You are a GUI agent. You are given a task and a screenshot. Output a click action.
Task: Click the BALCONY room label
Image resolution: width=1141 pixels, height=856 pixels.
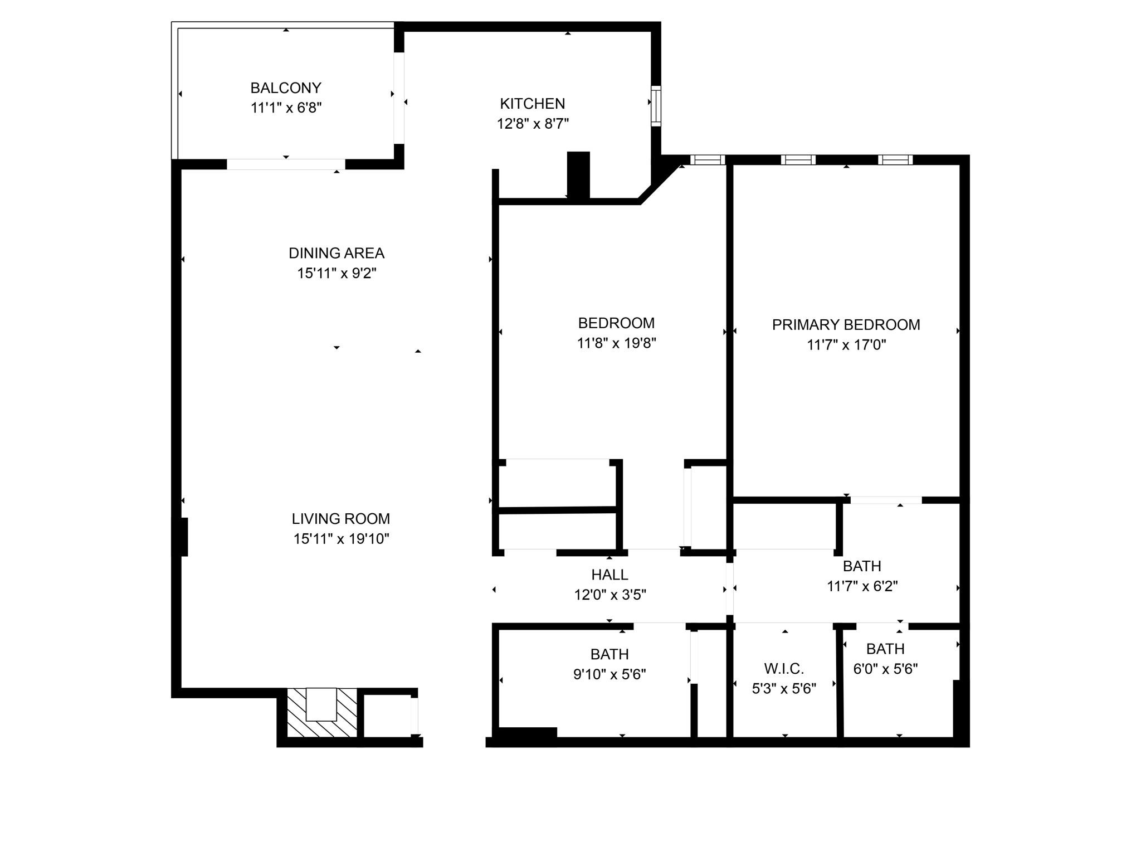coord(286,88)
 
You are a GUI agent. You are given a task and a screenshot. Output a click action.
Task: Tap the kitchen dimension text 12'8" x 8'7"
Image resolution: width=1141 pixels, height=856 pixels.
coord(533,124)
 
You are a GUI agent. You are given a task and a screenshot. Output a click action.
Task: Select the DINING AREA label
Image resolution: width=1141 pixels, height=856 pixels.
coord(337,253)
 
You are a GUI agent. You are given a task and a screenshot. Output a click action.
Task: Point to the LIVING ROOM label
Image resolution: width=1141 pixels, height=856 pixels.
coord(341,519)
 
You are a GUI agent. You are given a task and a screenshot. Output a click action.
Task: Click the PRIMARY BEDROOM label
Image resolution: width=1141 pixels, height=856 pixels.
coord(846,325)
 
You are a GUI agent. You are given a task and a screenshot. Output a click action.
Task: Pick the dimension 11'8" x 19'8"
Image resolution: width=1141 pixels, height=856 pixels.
coord(616,343)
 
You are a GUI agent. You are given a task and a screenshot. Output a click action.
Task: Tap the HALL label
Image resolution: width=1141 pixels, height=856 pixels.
coord(610,575)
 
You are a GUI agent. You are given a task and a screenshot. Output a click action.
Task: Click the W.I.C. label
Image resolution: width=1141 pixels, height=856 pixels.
coord(784,668)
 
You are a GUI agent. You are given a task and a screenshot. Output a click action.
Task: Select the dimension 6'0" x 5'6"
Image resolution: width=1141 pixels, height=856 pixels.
coord(885,669)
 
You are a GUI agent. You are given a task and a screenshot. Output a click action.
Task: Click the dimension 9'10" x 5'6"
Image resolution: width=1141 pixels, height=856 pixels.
coord(609,674)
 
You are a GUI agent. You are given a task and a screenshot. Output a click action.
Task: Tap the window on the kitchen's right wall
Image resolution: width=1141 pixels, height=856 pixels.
coord(656,106)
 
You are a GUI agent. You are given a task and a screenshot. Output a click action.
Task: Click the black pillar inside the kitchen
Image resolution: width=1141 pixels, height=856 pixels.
coord(578,175)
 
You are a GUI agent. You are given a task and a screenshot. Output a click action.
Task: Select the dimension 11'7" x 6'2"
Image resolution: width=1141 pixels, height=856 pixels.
coord(862,586)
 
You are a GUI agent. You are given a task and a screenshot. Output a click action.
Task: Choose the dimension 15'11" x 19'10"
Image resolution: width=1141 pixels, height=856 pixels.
coord(341,539)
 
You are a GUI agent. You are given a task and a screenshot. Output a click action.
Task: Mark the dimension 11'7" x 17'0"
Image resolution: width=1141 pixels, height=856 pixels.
coord(846,345)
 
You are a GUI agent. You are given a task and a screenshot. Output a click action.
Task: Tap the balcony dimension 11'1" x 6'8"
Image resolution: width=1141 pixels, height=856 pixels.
coord(286,108)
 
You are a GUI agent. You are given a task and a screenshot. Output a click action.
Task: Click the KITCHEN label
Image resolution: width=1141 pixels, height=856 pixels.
coord(533,104)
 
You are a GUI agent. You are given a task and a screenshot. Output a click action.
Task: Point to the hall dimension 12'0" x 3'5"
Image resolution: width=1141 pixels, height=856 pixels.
coord(610,595)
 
